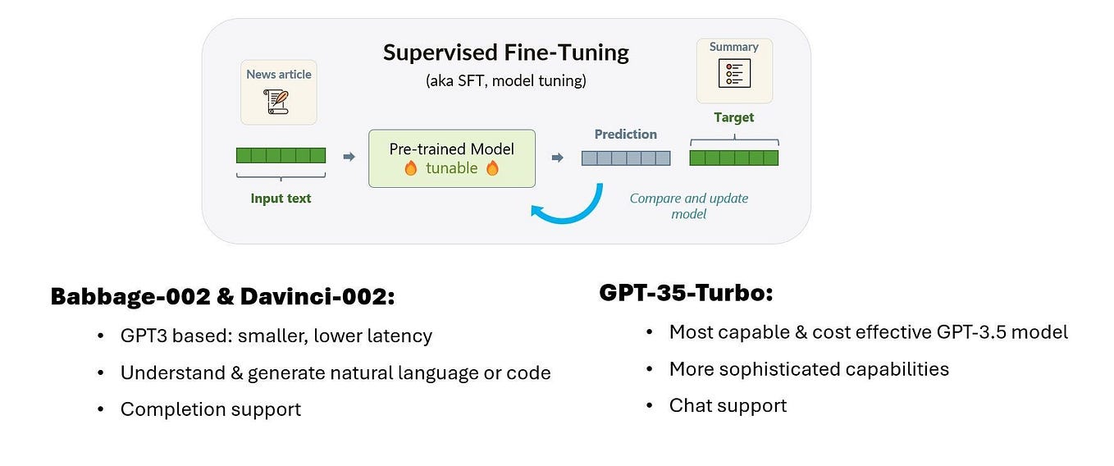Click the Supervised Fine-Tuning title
pyautogui.click(x=505, y=53)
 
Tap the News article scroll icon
pyautogui.click(x=278, y=102)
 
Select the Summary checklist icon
pyautogui.click(x=733, y=73)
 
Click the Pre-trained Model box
pyautogui.click(x=451, y=158)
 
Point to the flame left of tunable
pyautogui.click(x=411, y=168)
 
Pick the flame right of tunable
pyautogui.click(x=492, y=168)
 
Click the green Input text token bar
pyautogui.click(x=281, y=156)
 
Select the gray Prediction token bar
pyautogui.click(x=626, y=158)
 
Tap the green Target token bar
pyautogui.click(x=733, y=158)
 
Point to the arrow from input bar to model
pyautogui.click(x=349, y=157)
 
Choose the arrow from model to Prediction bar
pyautogui.click(x=558, y=158)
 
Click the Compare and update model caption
pyautogui.click(x=688, y=206)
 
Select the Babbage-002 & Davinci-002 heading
pyautogui.click(x=222, y=297)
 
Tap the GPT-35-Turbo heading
pyautogui.click(x=686, y=293)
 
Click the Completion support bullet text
pyautogui.click(x=210, y=409)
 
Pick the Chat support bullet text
pyautogui.click(x=728, y=405)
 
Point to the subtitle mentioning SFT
pyautogui.click(x=505, y=81)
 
